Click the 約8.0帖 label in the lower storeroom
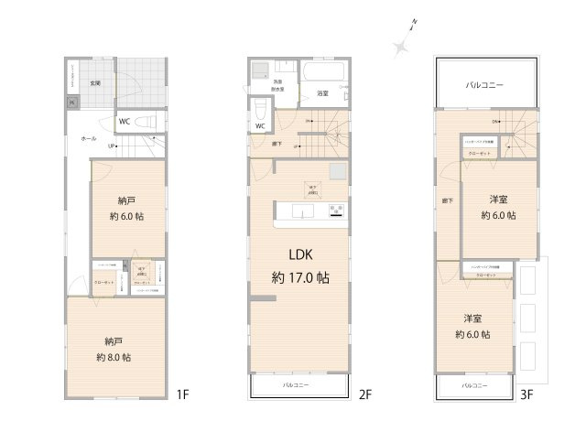[x=114, y=357]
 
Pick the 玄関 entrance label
[x=94, y=83]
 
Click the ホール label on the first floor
[x=89, y=138]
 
